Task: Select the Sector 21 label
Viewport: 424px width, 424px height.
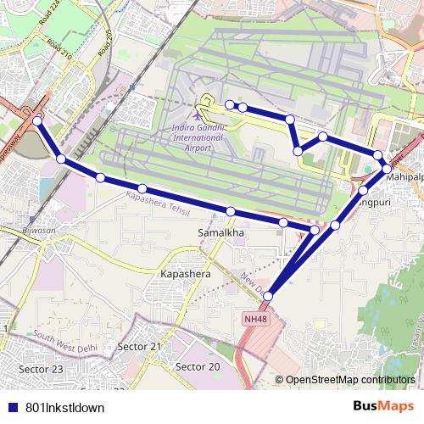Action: tap(139, 347)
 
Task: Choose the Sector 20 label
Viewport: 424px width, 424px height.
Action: tap(197, 366)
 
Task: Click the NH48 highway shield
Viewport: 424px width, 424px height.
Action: tap(253, 319)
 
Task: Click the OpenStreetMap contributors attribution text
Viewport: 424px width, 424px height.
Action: tap(350, 380)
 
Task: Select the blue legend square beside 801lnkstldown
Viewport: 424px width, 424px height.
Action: tap(12, 407)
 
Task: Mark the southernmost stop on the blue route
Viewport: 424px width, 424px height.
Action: tap(268, 296)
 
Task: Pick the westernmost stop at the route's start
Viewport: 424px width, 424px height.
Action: tap(36, 121)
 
